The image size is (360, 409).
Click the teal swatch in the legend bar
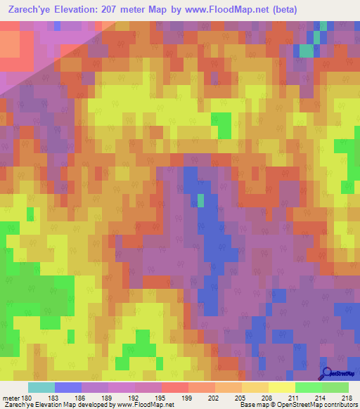(41, 387)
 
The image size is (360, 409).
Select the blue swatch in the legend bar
(67, 387)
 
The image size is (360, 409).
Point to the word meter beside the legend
(10, 398)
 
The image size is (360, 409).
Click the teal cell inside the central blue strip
(200, 201)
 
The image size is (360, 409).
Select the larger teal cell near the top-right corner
(307, 51)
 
